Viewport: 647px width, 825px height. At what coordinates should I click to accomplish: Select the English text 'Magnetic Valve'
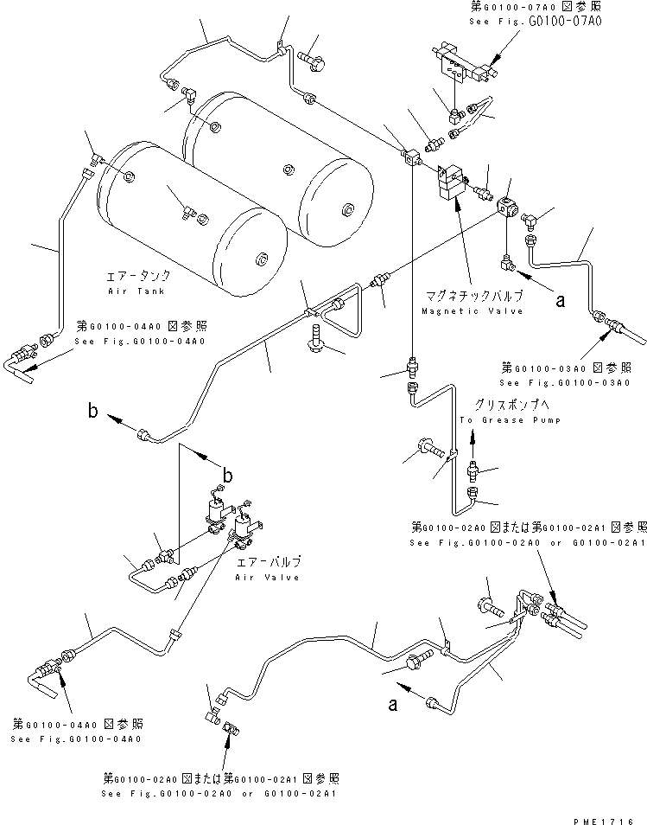(x=473, y=310)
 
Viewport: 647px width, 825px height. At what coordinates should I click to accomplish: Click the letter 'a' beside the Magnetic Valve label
(x=560, y=301)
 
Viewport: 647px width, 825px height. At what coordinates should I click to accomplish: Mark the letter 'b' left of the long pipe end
(x=92, y=411)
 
